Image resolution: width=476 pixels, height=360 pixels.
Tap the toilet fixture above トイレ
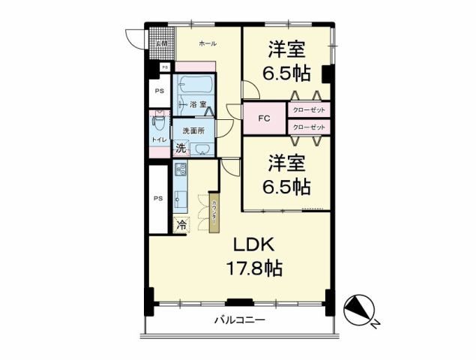158,121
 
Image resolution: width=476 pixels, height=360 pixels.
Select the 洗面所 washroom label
193,131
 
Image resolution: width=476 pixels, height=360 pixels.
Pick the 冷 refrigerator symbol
180,223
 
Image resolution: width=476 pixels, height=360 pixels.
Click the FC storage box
264,118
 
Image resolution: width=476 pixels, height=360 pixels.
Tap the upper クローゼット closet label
307,110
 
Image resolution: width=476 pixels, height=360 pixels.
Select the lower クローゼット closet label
307,127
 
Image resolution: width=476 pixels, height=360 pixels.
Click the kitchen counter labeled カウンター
214,209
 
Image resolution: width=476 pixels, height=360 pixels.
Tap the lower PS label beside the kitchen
158,198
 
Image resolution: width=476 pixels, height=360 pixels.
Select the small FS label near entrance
154,67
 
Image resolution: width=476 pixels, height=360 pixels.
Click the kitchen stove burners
181,172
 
